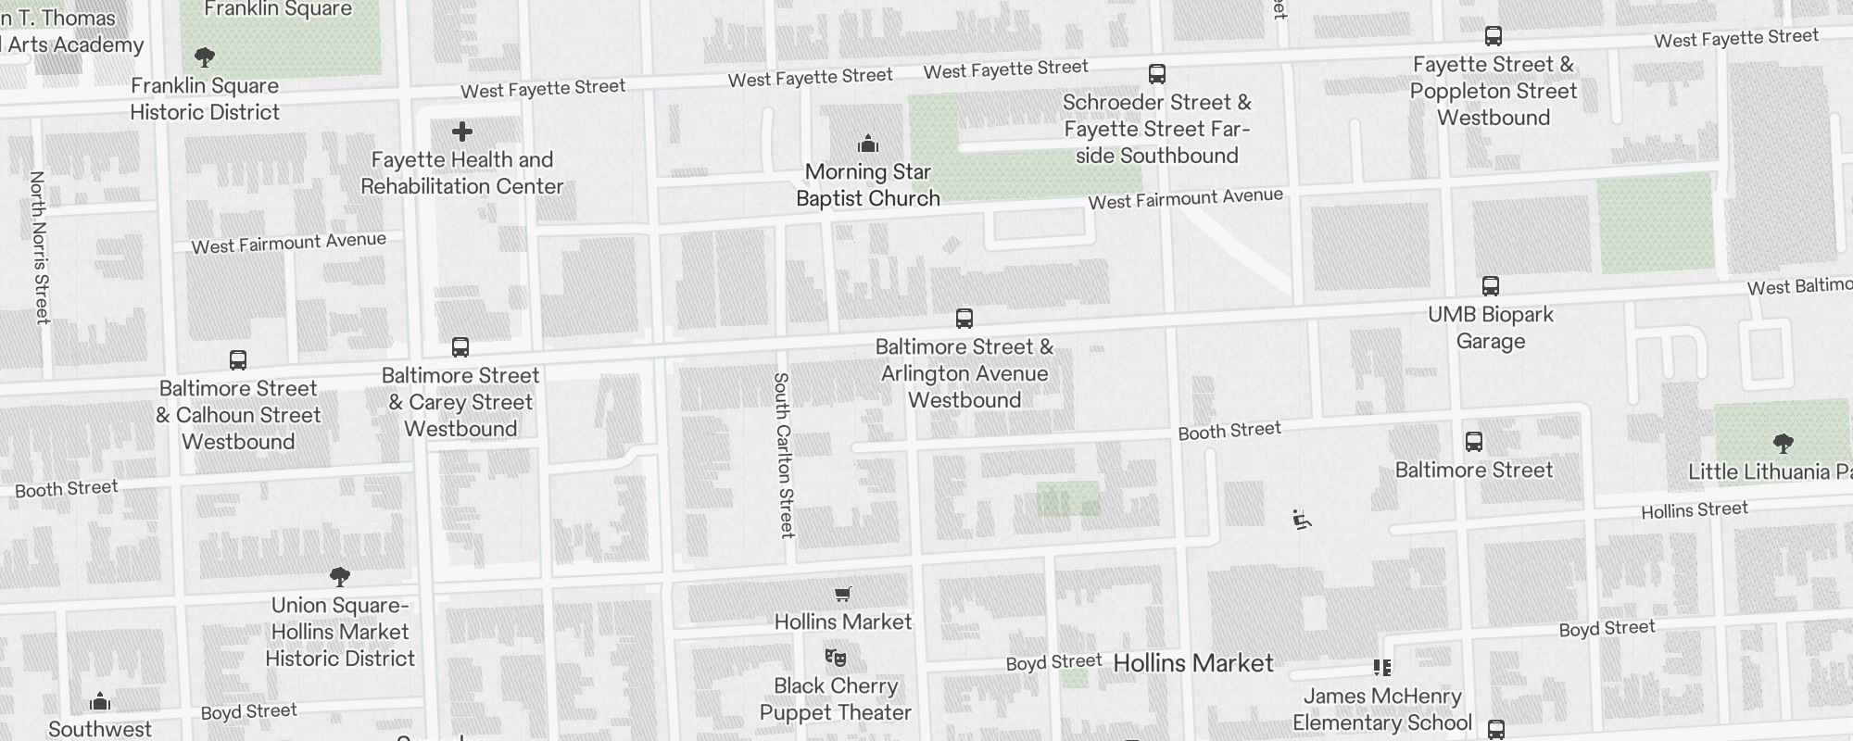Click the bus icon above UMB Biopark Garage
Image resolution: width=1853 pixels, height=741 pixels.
[x=1490, y=286]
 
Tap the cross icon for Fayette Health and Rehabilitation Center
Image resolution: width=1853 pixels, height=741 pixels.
[x=462, y=132]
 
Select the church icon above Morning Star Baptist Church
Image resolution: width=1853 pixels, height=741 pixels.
[x=868, y=144]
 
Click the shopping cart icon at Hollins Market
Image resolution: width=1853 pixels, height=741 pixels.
[x=842, y=594]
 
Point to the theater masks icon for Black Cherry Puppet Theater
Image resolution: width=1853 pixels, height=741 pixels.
[x=836, y=658]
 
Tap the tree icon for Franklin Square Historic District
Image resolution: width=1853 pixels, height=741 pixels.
[x=205, y=57]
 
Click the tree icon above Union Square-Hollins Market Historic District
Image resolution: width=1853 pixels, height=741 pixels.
[x=340, y=577]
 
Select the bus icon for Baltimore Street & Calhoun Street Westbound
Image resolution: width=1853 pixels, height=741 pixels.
[x=238, y=360]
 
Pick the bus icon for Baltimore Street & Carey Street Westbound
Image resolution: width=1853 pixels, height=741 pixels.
[x=460, y=347]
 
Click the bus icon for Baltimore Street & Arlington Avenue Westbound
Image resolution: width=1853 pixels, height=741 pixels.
[x=964, y=319]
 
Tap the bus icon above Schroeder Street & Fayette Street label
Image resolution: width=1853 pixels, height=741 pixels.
[x=1156, y=74]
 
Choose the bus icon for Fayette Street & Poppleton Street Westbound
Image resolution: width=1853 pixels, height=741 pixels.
[x=1493, y=36]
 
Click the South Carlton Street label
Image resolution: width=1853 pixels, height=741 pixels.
[x=784, y=455]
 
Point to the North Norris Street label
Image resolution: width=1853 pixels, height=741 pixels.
[x=40, y=247]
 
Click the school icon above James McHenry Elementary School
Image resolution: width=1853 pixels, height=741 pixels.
[x=1382, y=668]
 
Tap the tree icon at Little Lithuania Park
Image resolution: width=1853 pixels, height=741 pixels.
[x=1782, y=443]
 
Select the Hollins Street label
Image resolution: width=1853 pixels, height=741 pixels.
[x=1694, y=510]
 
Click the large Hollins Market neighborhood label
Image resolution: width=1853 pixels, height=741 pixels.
[x=1192, y=663]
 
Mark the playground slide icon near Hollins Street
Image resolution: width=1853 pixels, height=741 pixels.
[x=1302, y=521]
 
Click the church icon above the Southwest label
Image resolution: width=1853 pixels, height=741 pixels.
[x=100, y=701]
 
